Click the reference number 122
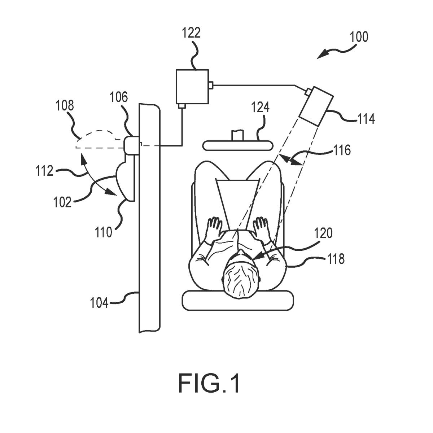[x=191, y=33]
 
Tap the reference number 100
[x=359, y=37]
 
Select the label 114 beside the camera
[x=366, y=119]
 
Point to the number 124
[x=261, y=108]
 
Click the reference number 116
[x=342, y=150]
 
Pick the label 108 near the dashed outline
[x=65, y=106]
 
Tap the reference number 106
[x=119, y=97]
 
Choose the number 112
[x=44, y=171]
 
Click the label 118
[x=336, y=259]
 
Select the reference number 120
[x=323, y=233]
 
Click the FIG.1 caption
[x=209, y=383]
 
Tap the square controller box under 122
[x=192, y=86]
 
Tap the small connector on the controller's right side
[x=211, y=85]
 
